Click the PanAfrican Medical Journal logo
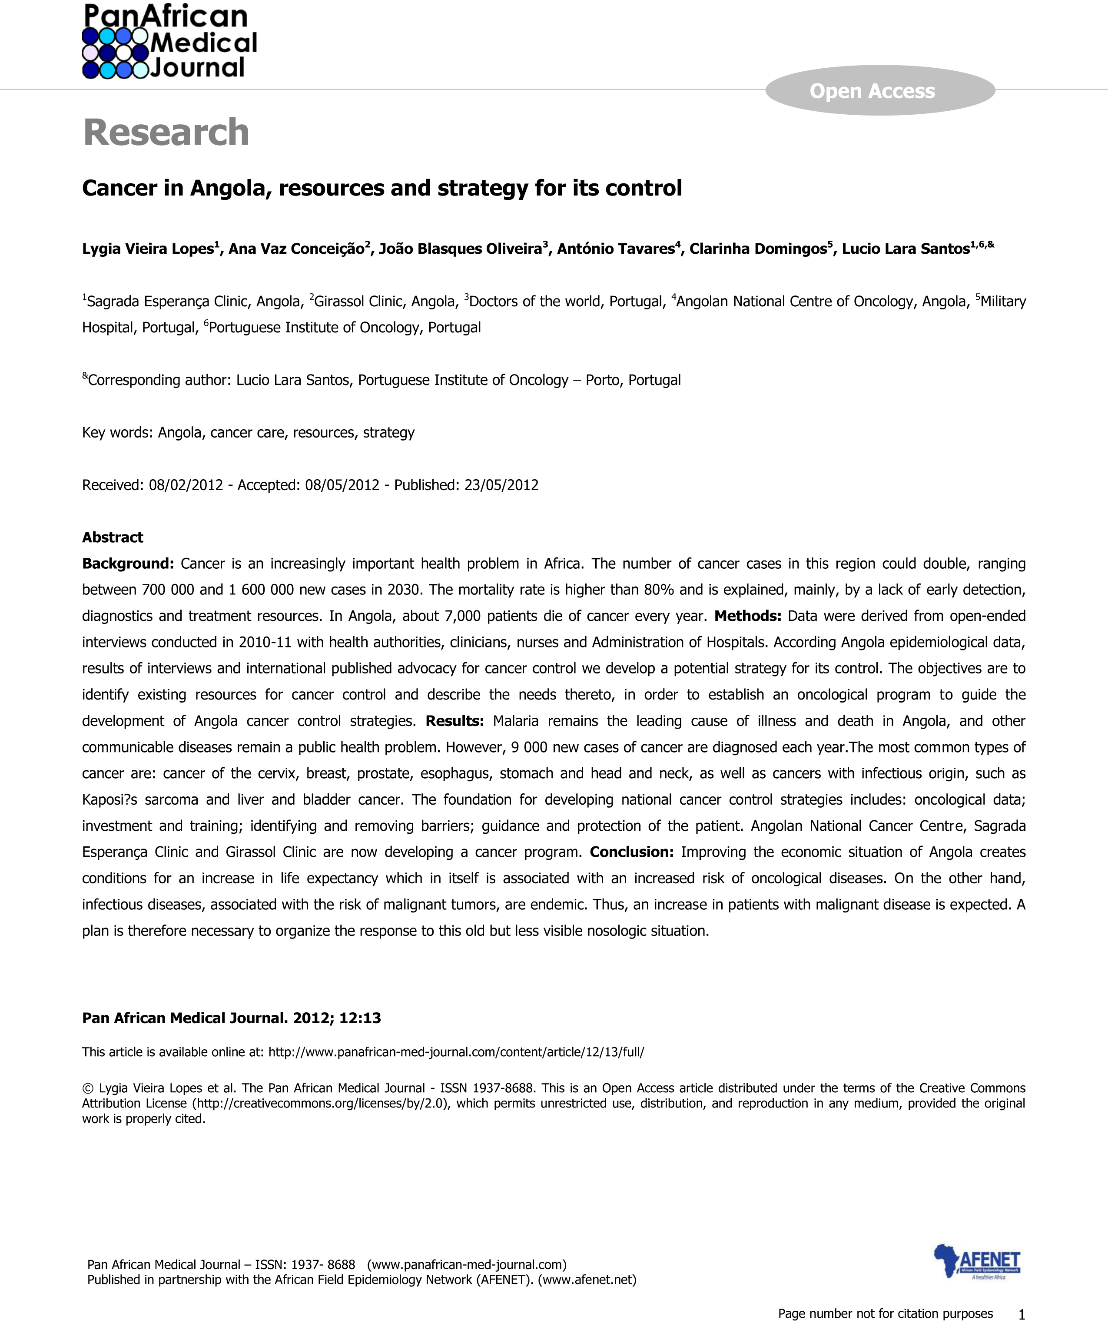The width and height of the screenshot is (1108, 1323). click(x=169, y=42)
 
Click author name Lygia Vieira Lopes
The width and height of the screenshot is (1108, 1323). click(x=148, y=249)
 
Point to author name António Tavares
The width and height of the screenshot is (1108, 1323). click(x=615, y=249)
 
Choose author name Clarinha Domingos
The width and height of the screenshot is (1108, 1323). click(x=758, y=249)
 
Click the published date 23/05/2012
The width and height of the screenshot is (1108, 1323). click(x=501, y=485)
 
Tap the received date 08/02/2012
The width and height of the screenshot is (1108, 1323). click(x=186, y=485)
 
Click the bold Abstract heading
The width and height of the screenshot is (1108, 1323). click(x=113, y=537)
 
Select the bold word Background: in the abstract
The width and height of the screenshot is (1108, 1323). click(x=128, y=564)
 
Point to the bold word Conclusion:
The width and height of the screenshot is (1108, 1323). click(x=631, y=852)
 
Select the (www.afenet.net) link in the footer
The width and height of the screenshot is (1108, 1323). click(x=587, y=1280)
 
